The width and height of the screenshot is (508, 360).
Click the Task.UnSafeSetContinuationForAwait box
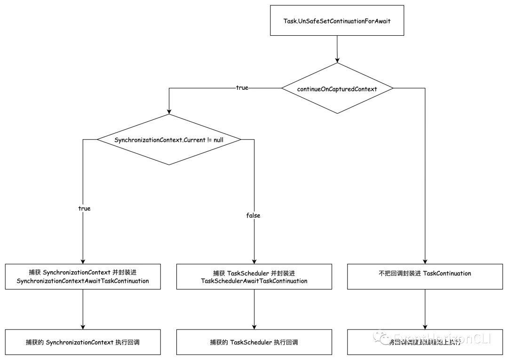[337, 21]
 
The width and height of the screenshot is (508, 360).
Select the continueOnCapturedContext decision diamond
[337, 88]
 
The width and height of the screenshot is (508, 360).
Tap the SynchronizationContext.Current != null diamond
[169, 140]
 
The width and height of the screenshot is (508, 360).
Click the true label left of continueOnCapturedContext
[242, 88]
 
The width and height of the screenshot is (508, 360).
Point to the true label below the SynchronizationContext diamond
[84, 208]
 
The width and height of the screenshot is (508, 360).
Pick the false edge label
[253, 215]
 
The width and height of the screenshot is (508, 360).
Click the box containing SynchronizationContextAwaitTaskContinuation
[83, 277]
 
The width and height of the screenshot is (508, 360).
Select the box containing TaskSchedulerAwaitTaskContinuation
[254, 277]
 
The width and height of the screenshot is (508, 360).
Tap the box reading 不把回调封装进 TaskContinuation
[425, 276]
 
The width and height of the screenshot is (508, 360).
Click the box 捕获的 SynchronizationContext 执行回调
[83, 342]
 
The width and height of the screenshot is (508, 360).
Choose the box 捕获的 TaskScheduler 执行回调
[254, 342]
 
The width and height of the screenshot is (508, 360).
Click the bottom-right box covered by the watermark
[425, 342]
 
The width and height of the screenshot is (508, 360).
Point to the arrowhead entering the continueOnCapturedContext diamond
[337, 60]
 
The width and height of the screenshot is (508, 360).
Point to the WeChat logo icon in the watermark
[379, 337]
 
